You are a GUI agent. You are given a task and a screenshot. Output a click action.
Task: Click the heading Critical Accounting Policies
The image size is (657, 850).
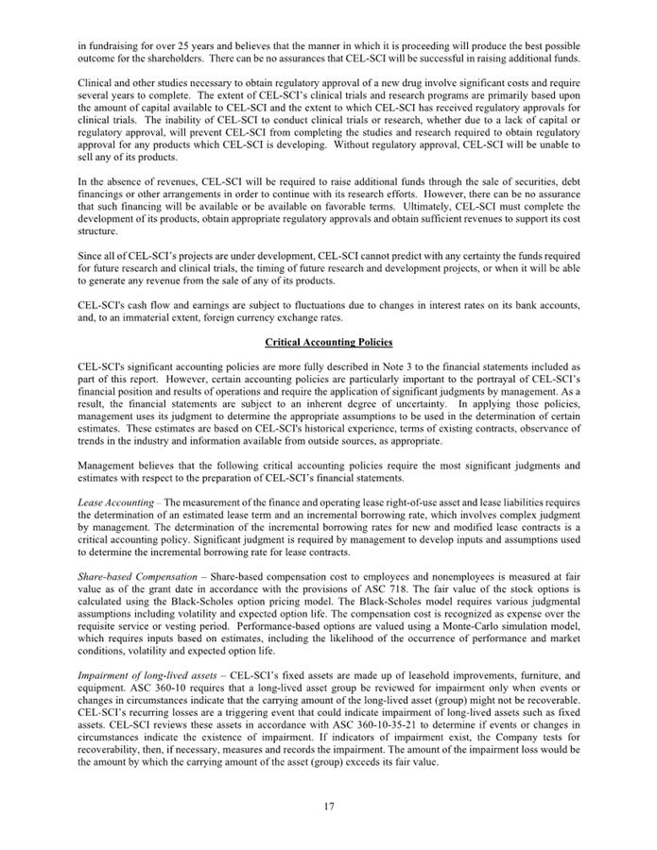pos(329,341)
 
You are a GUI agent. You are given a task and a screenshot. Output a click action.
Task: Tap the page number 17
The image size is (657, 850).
pos(328,806)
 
